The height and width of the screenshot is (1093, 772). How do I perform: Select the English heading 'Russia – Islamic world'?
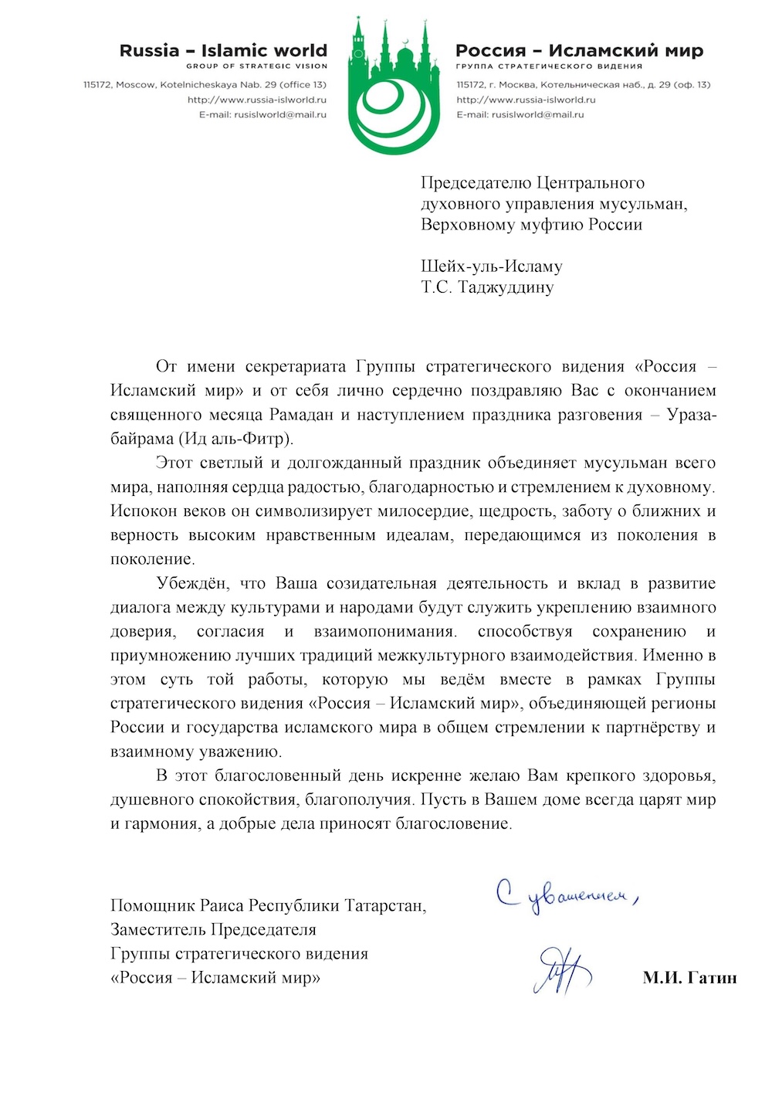[x=223, y=51]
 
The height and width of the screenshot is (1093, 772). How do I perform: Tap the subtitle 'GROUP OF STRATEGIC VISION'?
[x=256, y=66]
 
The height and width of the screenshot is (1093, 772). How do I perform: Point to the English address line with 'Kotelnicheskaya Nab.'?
[x=205, y=84]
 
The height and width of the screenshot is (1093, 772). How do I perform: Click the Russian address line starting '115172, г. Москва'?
[x=583, y=84]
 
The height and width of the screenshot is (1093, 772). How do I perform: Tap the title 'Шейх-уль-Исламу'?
[x=492, y=266]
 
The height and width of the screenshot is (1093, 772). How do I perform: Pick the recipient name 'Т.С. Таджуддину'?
[x=487, y=287]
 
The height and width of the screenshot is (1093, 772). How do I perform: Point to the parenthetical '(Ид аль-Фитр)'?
[x=236, y=439]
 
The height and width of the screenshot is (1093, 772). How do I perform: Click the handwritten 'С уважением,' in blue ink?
[x=567, y=896]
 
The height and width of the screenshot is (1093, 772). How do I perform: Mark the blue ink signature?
[x=561, y=970]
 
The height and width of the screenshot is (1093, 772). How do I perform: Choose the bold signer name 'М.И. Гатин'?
[x=689, y=978]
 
